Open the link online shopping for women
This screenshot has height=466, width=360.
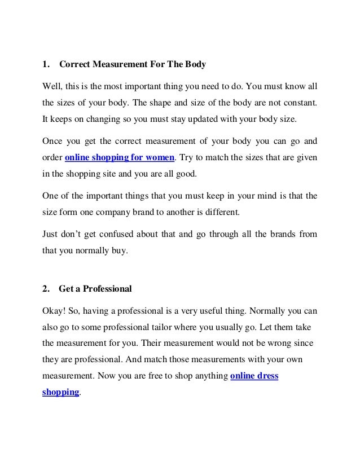(x=120, y=158)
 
